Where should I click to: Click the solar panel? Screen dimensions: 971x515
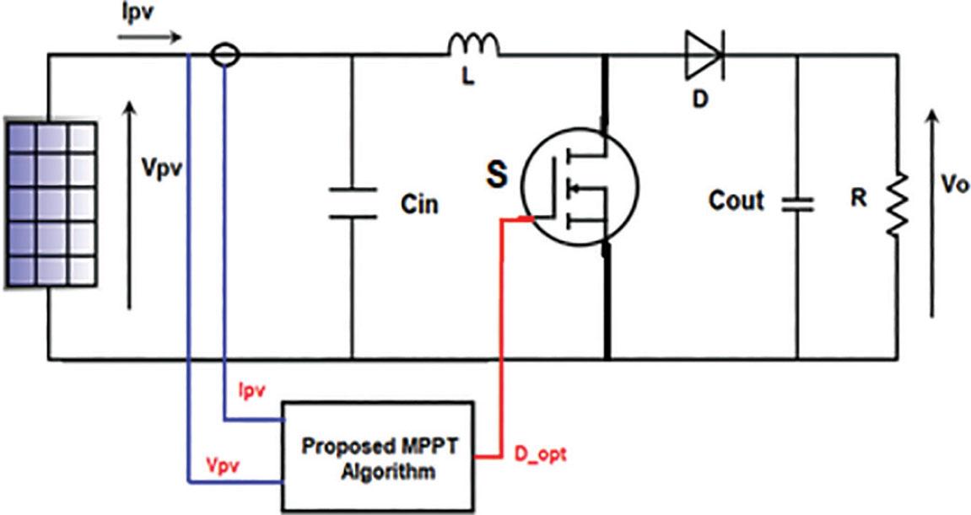point(51,202)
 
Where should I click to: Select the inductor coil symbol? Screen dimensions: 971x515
point(474,45)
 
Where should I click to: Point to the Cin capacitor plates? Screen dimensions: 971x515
point(353,203)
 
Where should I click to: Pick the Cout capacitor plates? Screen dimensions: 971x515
point(797,205)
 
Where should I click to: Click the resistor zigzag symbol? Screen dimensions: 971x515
point(898,204)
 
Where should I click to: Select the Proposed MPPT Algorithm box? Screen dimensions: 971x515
point(379,456)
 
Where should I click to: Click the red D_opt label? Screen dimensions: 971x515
point(541,455)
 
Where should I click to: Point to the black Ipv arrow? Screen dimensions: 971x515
point(149,38)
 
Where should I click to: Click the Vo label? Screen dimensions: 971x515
point(954,185)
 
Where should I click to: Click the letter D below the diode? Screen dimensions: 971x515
point(699,99)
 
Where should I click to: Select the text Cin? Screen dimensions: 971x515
point(419,204)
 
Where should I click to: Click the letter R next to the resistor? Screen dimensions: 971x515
point(858,198)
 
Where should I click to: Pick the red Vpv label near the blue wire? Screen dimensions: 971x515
point(224,466)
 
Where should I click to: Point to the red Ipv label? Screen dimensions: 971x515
point(252,390)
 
